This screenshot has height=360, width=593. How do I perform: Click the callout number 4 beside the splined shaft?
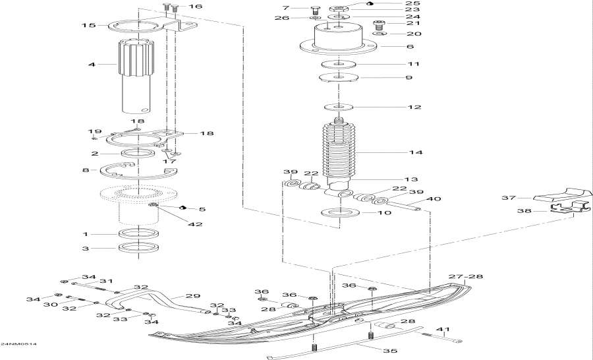(x=92, y=65)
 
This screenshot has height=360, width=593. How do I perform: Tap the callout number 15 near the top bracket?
(x=88, y=26)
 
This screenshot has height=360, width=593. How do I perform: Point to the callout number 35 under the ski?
(x=390, y=350)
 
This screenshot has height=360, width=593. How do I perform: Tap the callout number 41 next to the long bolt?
(x=445, y=329)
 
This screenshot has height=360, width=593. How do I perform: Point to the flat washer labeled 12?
(x=339, y=107)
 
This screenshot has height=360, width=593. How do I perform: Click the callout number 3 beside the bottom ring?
(x=86, y=249)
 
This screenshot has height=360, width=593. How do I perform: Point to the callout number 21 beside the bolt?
(x=413, y=23)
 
